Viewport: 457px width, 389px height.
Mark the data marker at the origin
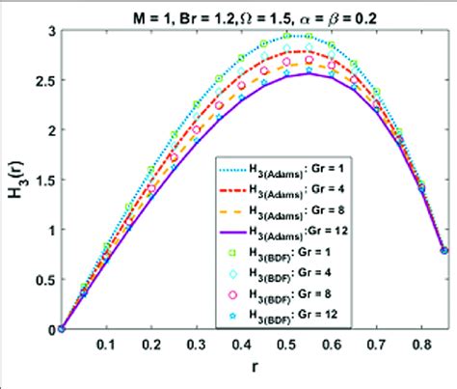coord(61,328)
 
